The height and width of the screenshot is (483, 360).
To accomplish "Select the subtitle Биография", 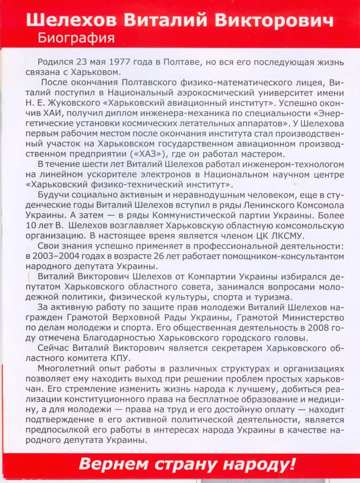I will (x=76, y=38).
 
